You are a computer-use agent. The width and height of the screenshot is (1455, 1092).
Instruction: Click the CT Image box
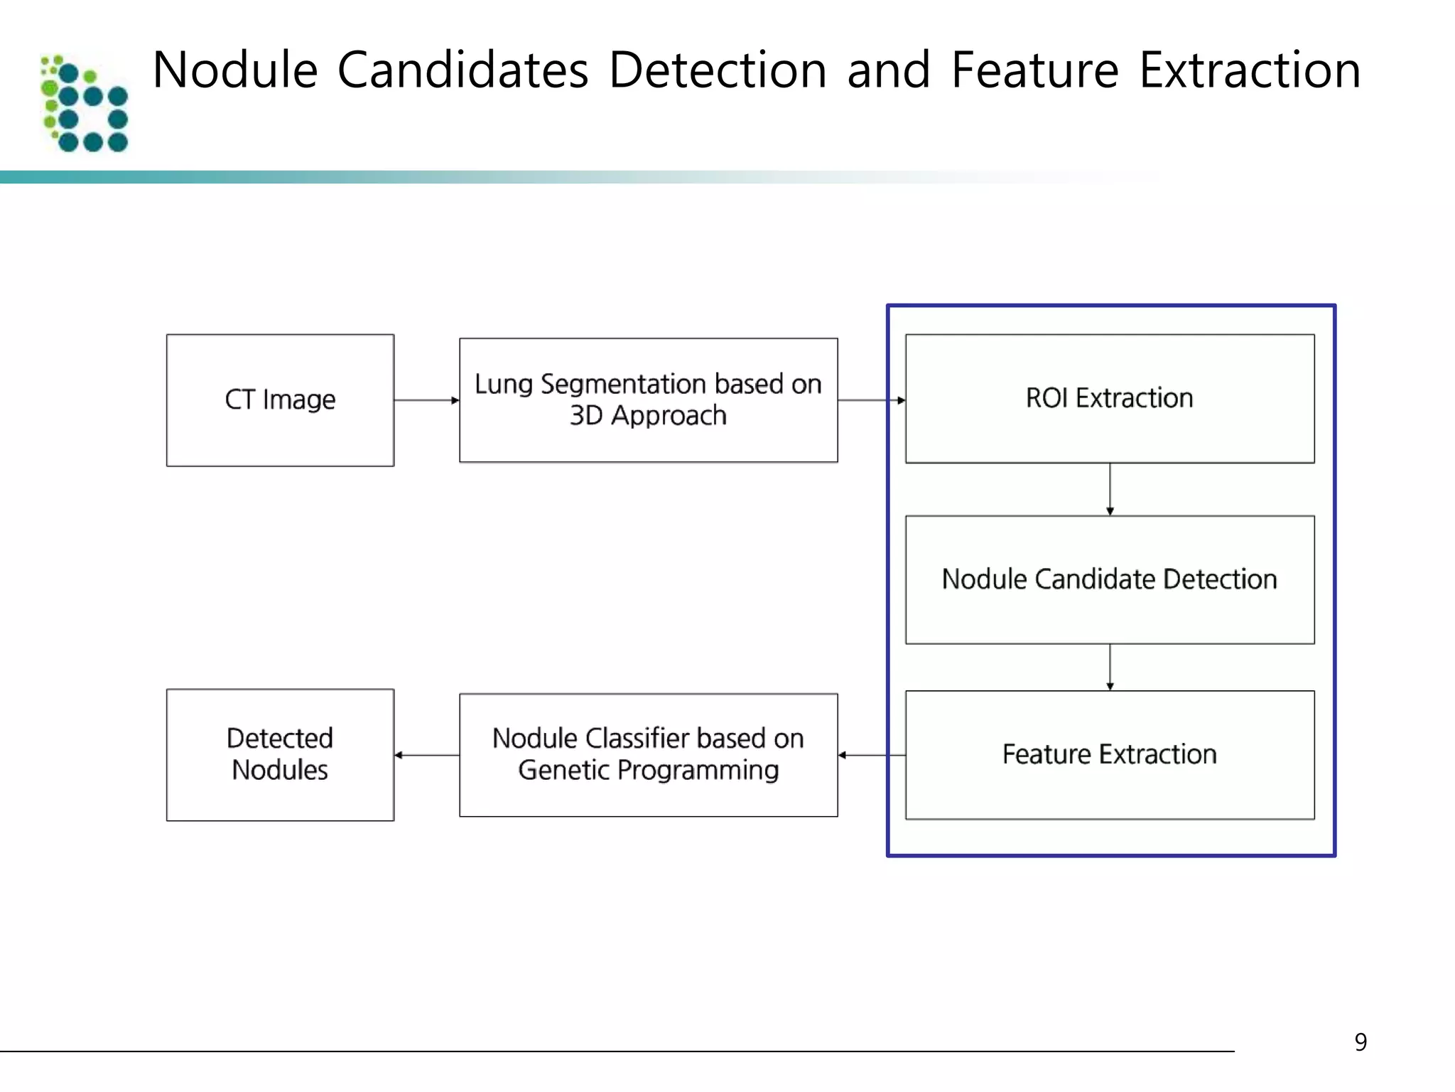[280, 400]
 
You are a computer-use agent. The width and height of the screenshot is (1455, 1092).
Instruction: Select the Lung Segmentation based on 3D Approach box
[648, 400]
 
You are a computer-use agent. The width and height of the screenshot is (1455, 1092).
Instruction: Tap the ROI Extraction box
[1109, 399]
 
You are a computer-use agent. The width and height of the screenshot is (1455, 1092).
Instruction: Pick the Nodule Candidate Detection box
[1109, 579]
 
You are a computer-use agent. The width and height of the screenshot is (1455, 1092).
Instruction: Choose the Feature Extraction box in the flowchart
[1109, 754]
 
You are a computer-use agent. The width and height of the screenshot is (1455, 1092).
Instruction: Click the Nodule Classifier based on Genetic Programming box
[648, 754]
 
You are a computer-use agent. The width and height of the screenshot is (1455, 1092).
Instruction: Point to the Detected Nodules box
[280, 754]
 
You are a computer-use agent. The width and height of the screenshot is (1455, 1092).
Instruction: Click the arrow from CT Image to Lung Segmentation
[426, 400]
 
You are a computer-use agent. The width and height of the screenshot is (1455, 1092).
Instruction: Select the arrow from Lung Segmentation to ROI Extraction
[871, 400]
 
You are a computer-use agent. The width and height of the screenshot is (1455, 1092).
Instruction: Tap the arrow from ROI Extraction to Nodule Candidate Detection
[1110, 489]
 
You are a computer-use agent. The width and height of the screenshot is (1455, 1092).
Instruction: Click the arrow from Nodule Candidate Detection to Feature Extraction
[1110, 667]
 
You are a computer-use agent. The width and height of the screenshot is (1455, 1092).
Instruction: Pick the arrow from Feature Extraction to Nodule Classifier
[871, 755]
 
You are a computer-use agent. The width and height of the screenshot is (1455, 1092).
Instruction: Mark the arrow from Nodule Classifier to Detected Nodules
[426, 755]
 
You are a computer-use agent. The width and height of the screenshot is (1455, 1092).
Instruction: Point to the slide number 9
[1360, 1042]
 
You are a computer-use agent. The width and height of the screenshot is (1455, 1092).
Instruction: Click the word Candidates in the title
[463, 70]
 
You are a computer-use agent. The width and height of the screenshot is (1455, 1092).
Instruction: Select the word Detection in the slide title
[718, 70]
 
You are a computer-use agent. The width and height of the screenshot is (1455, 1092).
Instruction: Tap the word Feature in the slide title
[1034, 70]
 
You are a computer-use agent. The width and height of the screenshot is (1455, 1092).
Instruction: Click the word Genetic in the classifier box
[562, 770]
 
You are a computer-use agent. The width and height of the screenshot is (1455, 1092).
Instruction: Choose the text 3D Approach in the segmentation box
[648, 415]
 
